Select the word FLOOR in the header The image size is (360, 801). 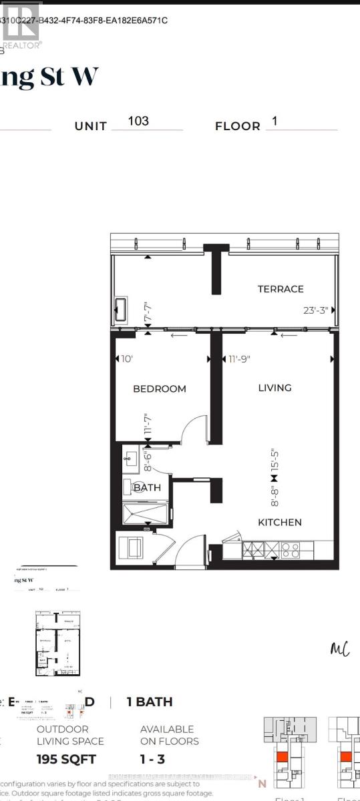coord(238,126)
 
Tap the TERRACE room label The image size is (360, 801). coord(281,289)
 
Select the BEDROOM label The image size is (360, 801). coord(159,388)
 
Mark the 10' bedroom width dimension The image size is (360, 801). coord(127,359)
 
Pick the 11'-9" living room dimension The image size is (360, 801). coord(237,359)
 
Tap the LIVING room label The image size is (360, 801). coord(275,388)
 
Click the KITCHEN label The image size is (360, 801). coord(281,522)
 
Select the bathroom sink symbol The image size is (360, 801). coord(130,459)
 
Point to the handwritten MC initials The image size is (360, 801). coord(341,649)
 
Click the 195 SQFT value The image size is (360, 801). coord(66,759)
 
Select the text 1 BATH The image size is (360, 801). coord(150,702)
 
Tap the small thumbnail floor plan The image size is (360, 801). coord(57,644)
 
